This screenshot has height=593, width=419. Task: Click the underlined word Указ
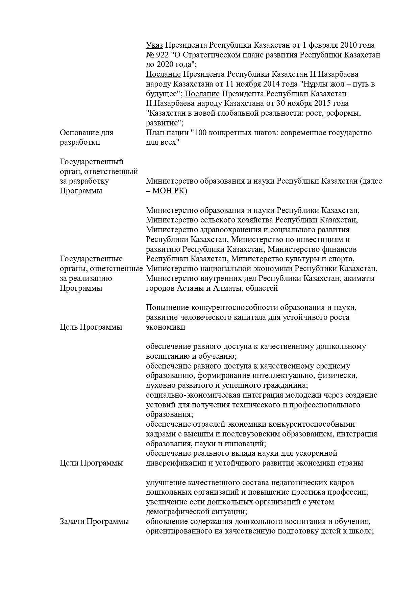tap(154, 45)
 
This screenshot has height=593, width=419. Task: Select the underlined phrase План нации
tap(167, 133)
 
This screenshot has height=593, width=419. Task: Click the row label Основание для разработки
tap(86, 137)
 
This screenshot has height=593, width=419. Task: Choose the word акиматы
tap(359, 278)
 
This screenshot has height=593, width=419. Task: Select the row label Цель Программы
tap(91, 327)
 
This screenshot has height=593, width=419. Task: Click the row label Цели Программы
tap(91, 463)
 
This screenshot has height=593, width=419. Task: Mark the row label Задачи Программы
tap(94, 521)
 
